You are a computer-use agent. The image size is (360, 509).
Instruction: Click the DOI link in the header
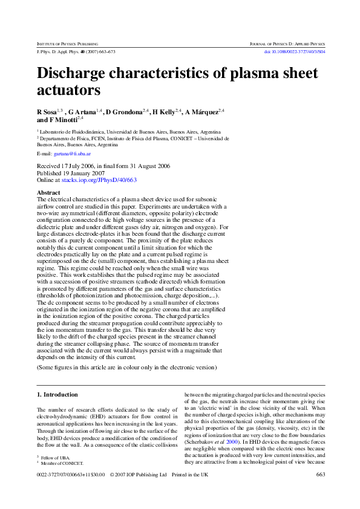[294, 52]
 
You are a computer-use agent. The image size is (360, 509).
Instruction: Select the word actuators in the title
[68, 91]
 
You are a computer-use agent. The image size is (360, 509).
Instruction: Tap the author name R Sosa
[47, 112]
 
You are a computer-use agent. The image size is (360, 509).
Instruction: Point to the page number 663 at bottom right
[320, 475]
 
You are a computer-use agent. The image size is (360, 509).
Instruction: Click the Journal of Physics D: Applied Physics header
[287, 44]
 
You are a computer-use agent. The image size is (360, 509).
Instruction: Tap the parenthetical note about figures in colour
[126, 366]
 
